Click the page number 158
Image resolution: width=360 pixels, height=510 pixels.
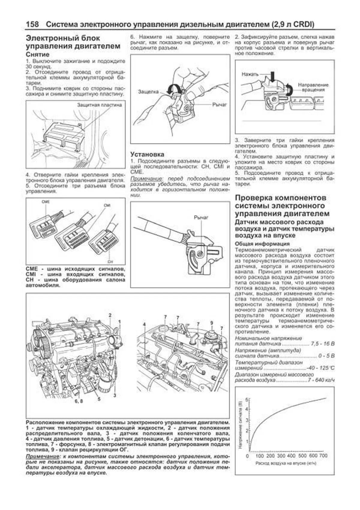pos(32,24)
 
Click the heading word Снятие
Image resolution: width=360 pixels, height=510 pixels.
pos(37,55)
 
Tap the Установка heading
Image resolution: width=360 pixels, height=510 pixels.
pos(147,154)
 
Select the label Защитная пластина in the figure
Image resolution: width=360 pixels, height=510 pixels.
pos(99,105)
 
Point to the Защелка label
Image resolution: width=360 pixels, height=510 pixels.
pos(148,92)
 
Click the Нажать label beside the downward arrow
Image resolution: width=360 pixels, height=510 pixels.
pos(250,74)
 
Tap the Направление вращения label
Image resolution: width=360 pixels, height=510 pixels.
pos(313,87)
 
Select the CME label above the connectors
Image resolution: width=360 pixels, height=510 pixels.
pos(46,202)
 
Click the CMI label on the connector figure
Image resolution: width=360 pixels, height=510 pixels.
pos(107,205)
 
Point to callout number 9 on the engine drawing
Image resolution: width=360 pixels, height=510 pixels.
pos(211,323)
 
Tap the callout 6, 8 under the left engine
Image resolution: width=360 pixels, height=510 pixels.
pos(79,401)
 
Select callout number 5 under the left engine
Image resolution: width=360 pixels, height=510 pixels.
pos(99,399)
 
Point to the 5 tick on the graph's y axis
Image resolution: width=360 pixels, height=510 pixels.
pos(247,400)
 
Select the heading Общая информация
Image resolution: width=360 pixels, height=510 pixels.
pos(262,244)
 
